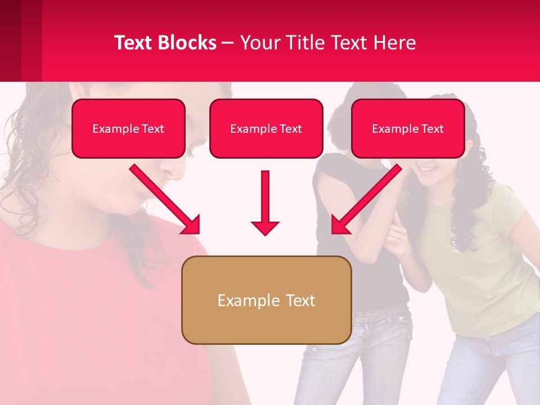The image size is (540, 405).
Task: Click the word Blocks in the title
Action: (186, 43)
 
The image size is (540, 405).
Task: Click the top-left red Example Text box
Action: (128, 129)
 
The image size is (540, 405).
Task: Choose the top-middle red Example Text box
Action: (266, 129)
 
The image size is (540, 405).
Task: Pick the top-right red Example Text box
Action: (408, 129)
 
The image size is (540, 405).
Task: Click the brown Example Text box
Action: (266, 300)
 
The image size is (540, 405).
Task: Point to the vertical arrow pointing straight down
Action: (265, 202)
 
